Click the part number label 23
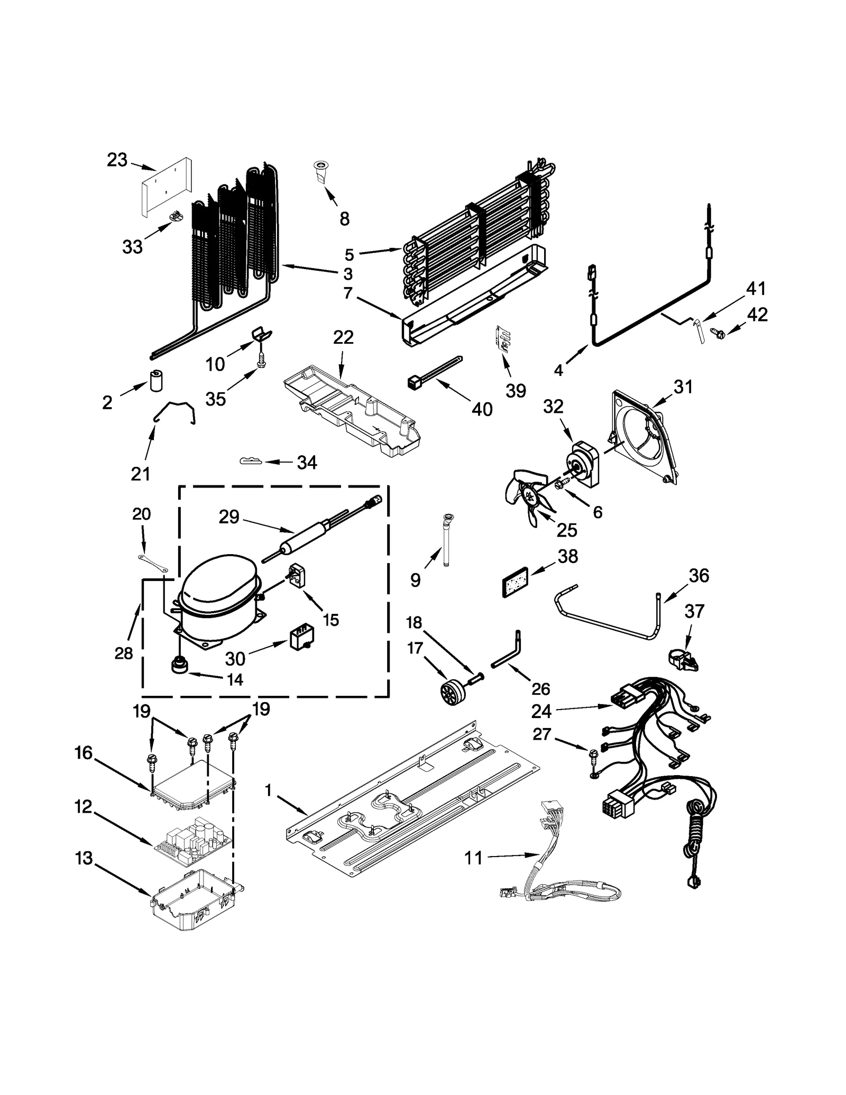pyautogui.click(x=117, y=160)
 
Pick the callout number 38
pyautogui.click(x=568, y=556)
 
